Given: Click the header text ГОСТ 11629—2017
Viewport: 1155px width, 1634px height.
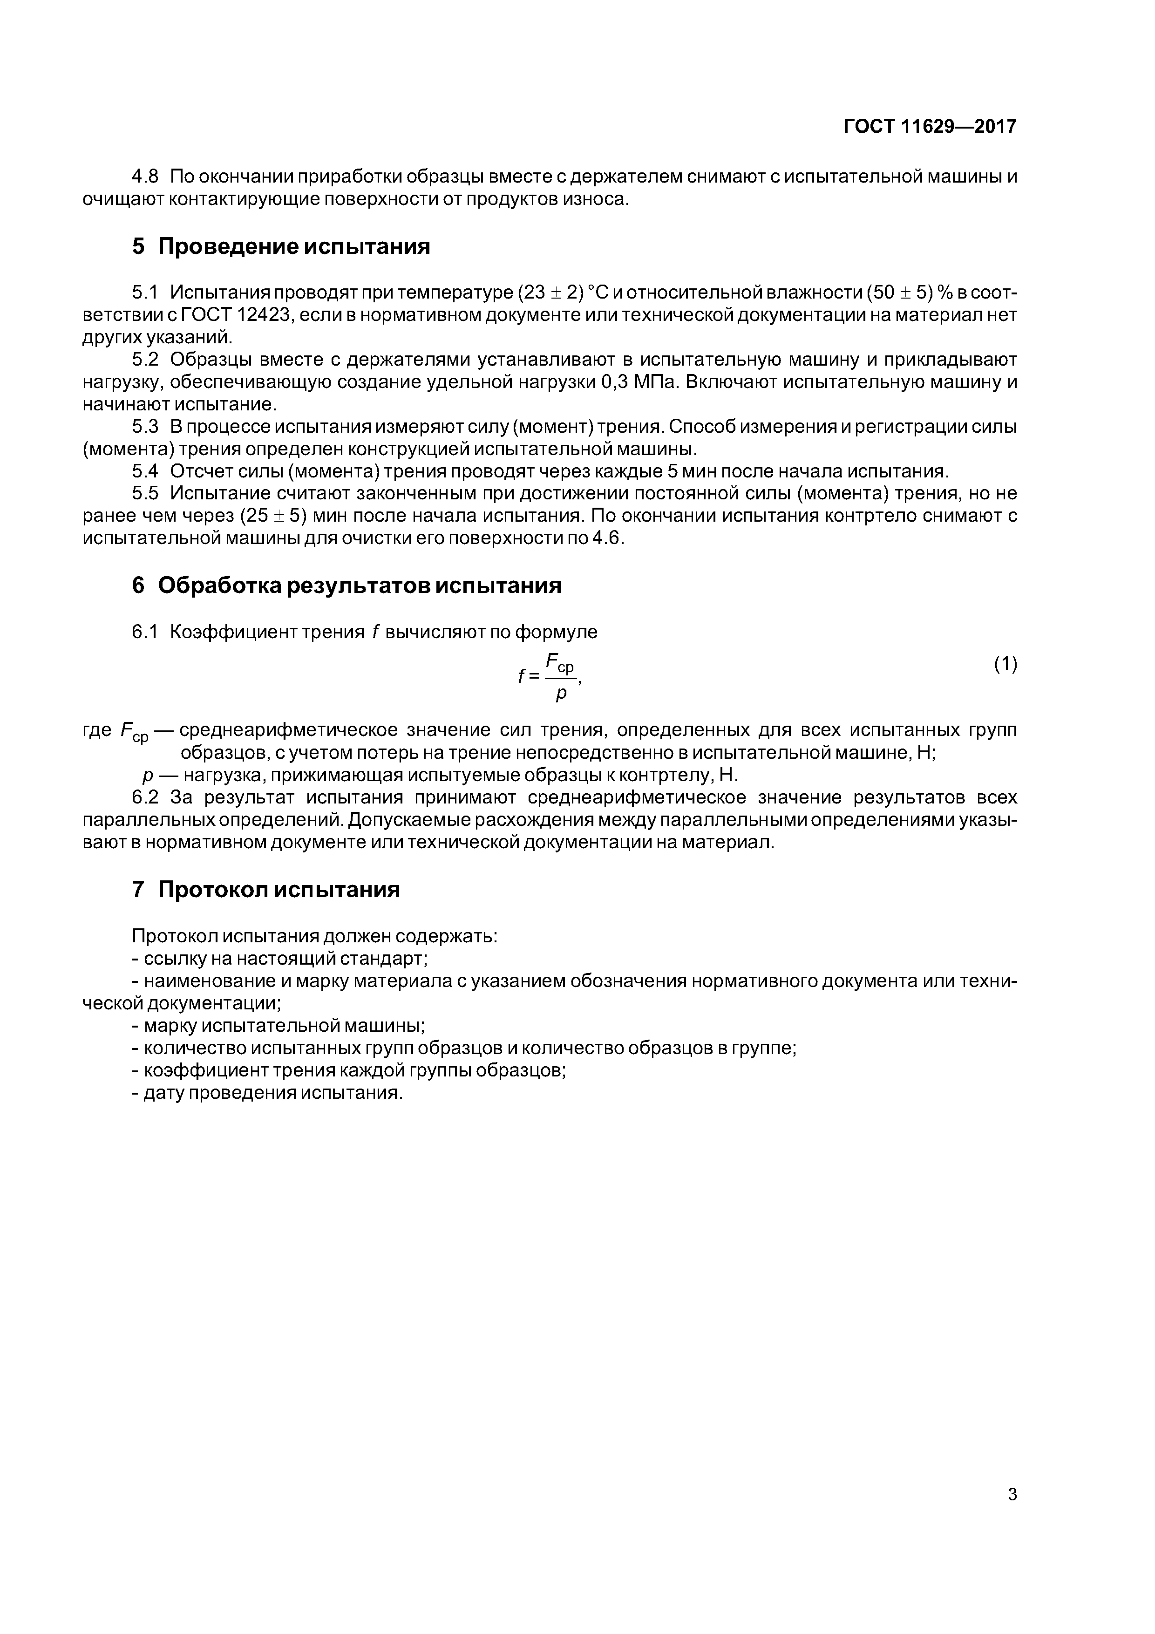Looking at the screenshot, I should coord(930,127).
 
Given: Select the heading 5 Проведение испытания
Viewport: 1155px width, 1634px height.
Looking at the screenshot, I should coord(281,247).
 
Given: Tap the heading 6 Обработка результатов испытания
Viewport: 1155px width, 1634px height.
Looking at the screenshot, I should coord(346,585).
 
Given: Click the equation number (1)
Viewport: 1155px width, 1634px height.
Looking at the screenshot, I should coord(1006,664).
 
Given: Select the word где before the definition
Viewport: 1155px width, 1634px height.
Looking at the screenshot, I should coord(97,730).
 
